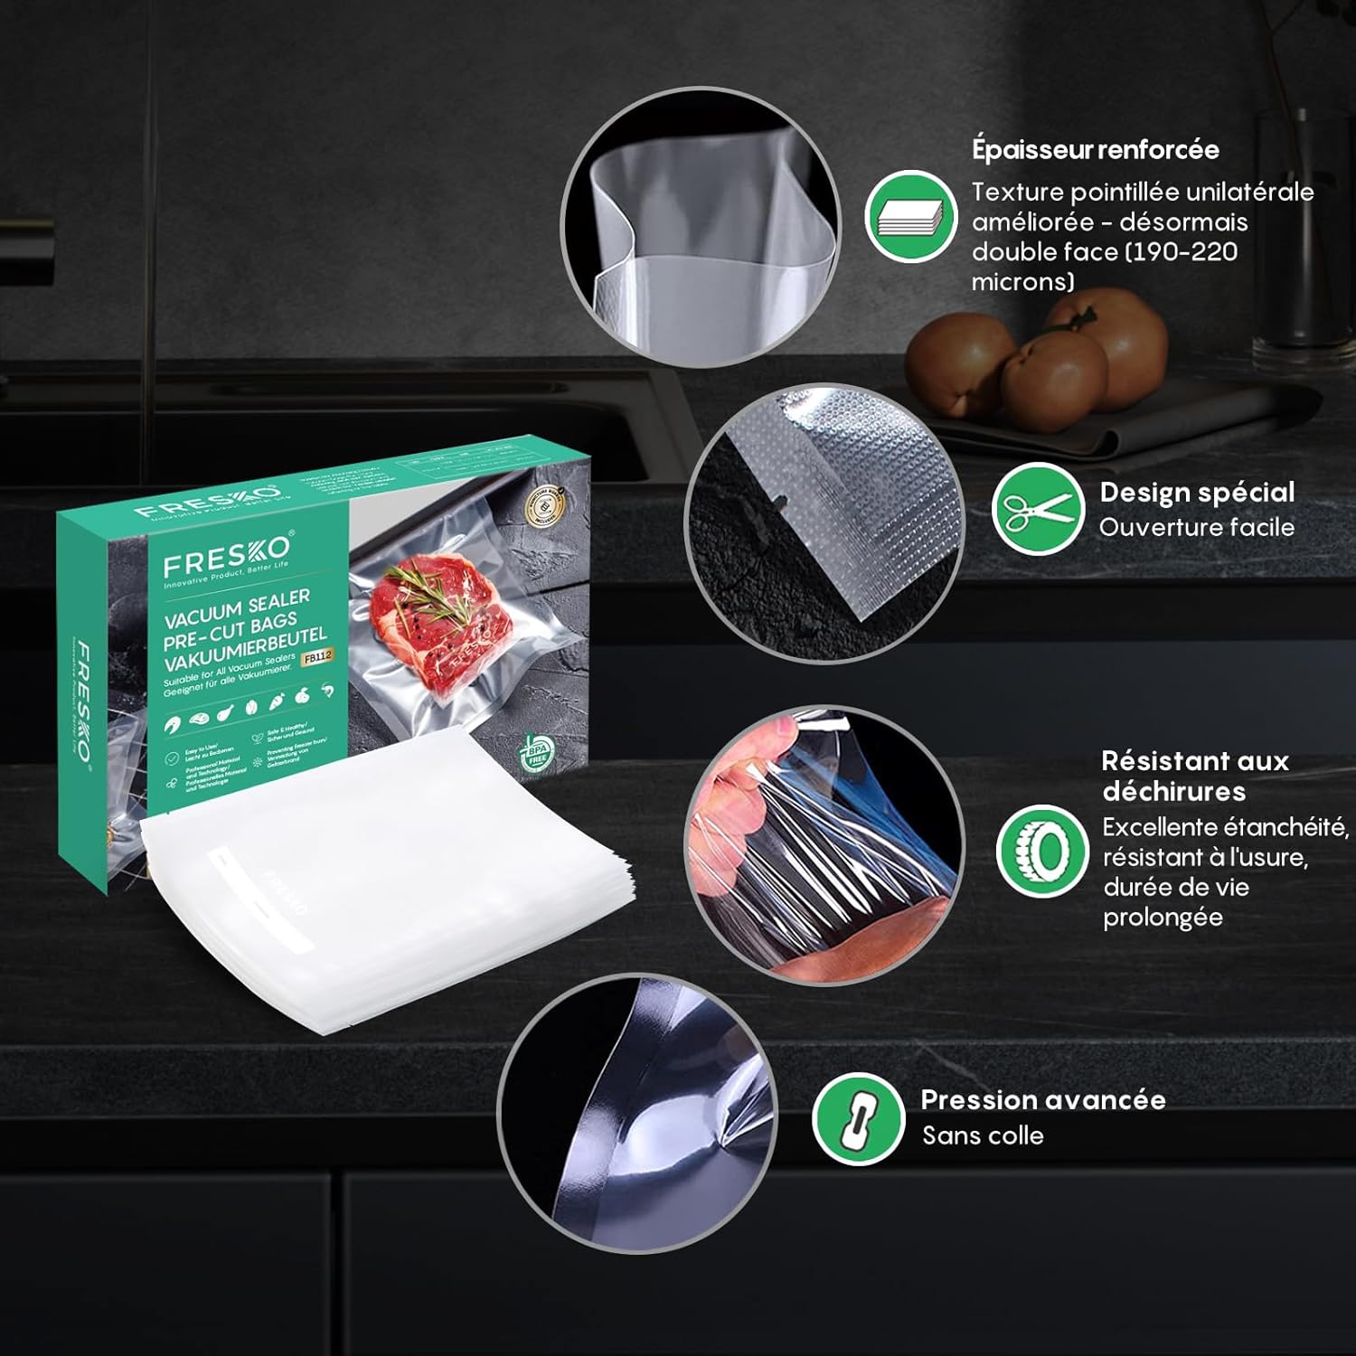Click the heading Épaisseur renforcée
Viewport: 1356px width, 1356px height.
(x=1095, y=149)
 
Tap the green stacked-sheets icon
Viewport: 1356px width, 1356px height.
(x=910, y=217)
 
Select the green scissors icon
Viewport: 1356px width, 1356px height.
(x=1038, y=509)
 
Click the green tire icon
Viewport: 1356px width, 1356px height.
(x=1042, y=850)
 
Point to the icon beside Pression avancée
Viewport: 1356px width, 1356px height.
(x=858, y=1118)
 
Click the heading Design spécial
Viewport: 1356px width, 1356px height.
(x=1197, y=493)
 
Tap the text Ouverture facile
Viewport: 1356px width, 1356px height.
(x=1196, y=527)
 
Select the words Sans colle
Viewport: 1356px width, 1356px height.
(x=983, y=1135)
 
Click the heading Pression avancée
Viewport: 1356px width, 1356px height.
(x=1042, y=1100)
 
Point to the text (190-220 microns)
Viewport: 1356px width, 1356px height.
(x=1103, y=267)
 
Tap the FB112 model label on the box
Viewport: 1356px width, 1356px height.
(x=317, y=658)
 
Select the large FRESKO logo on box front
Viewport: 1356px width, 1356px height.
(x=227, y=556)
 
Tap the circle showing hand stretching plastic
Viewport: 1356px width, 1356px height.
(x=824, y=845)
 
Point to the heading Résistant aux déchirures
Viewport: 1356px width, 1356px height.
(x=1194, y=776)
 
